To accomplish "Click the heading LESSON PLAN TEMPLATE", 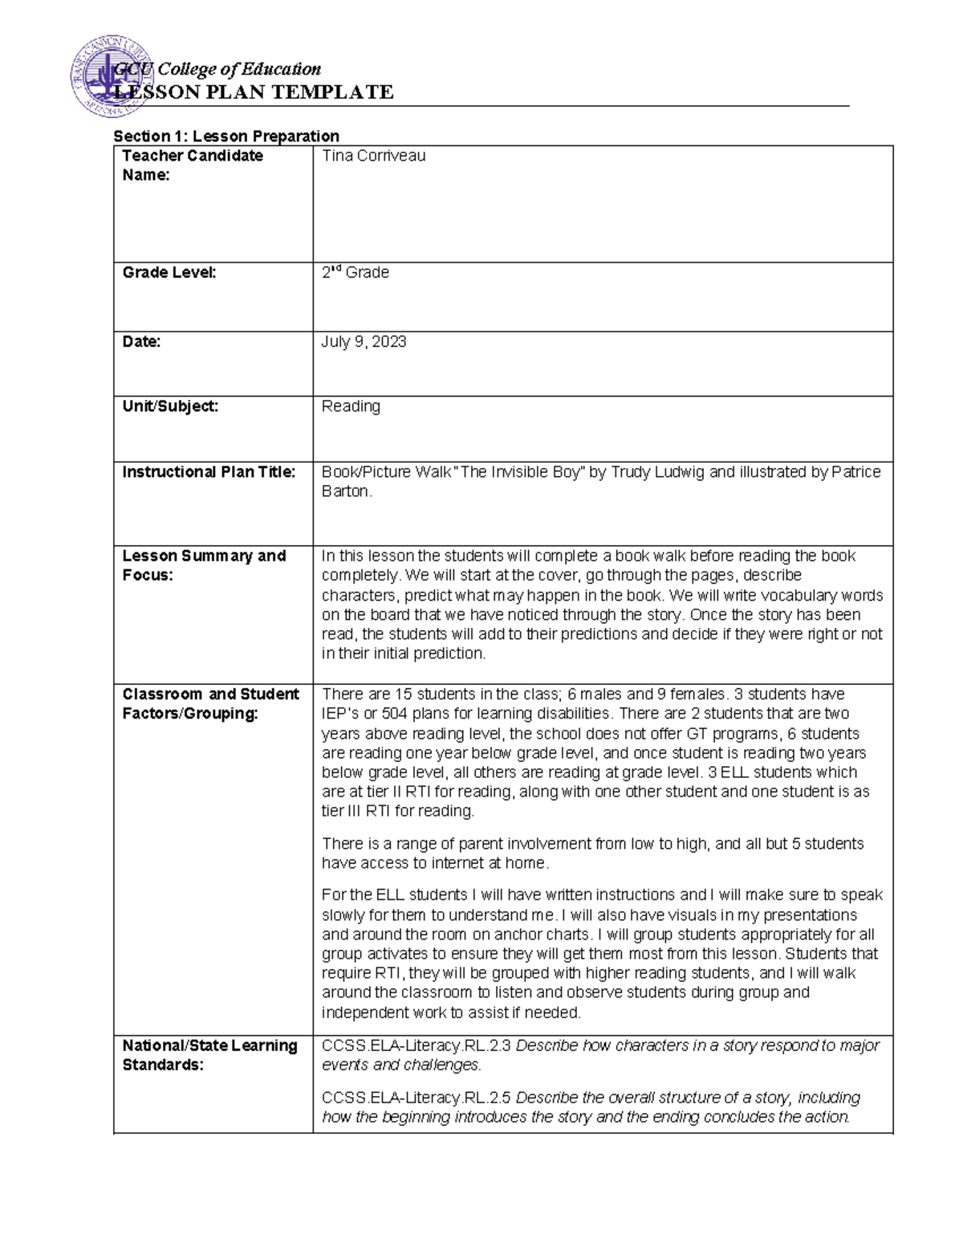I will click(254, 92).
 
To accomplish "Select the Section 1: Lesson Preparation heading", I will click(226, 136).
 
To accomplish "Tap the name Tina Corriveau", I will click(373, 156).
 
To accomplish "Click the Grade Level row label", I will click(169, 273).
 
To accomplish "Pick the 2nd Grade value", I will click(355, 273).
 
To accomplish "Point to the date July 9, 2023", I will click(364, 342).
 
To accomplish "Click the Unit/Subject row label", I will click(170, 406).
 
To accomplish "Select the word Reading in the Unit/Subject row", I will click(351, 406).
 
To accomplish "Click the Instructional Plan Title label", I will click(209, 472).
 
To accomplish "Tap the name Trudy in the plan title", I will click(633, 472).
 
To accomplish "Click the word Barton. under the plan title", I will click(347, 491).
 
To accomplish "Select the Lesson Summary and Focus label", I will click(204, 565).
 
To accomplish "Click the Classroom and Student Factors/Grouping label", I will click(210, 703).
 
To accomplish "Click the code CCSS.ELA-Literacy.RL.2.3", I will click(416, 1045).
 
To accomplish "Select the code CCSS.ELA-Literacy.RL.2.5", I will click(416, 1098).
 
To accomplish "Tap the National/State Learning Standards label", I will click(209, 1055).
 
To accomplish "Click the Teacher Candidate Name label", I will click(192, 165).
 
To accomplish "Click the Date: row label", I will click(141, 342).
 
